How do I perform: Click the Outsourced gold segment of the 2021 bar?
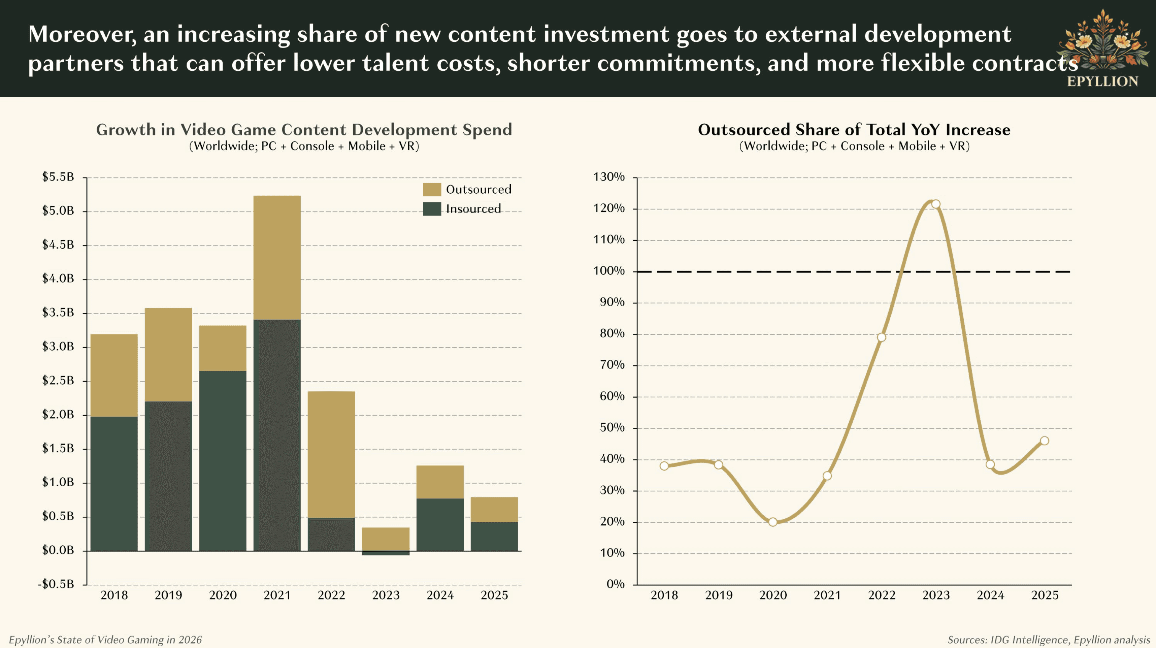[277, 258]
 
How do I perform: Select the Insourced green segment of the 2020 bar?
[223, 460]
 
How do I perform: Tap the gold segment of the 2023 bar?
[386, 539]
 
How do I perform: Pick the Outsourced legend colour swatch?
[432, 189]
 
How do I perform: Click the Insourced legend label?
[473, 209]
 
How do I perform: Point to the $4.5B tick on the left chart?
[58, 245]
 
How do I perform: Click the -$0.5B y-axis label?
[56, 584]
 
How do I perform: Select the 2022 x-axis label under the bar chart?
[331, 595]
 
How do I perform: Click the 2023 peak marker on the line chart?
[936, 204]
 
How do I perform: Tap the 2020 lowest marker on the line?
[773, 522]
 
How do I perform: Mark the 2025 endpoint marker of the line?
[1044, 441]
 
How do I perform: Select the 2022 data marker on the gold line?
[881, 337]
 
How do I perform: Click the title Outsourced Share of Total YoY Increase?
[854, 130]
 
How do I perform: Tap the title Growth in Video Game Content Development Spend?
[304, 130]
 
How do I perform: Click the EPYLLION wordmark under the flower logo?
[1102, 82]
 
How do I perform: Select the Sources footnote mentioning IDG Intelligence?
[1048, 640]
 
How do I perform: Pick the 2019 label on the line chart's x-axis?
[719, 595]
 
